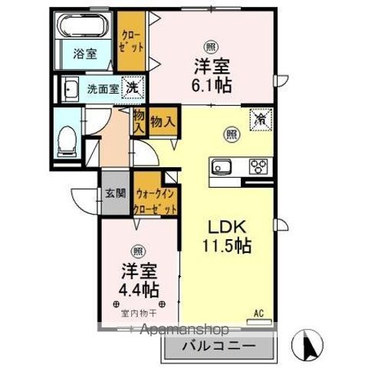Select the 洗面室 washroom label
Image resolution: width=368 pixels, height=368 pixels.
pos(102,88)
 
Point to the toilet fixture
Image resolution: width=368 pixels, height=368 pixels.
pos(67,140)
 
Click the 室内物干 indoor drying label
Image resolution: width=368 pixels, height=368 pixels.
pos(138,314)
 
